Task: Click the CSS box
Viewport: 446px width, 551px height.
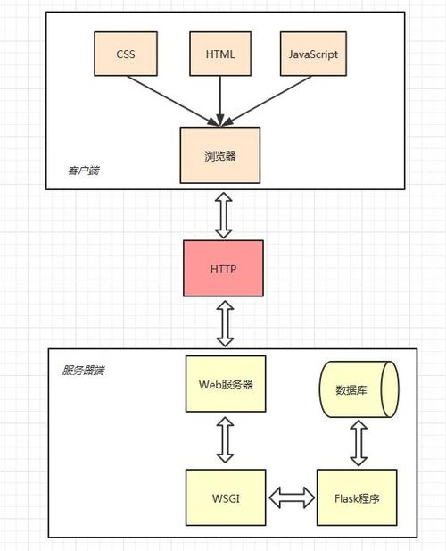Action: [126, 54]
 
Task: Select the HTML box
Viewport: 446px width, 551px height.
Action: [220, 54]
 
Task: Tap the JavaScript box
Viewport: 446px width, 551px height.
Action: [313, 54]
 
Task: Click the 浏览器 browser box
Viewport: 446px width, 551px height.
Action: [220, 155]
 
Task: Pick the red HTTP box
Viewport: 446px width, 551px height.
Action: [223, 269]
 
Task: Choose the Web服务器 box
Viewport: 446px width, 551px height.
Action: [226, 384]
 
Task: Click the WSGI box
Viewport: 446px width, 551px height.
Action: [226, 497]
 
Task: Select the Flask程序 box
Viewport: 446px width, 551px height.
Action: [357, 497]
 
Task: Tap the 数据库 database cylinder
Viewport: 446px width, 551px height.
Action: [359, 389]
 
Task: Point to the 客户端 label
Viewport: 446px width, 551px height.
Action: [84, 171]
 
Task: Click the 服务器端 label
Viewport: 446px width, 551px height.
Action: [83, 371]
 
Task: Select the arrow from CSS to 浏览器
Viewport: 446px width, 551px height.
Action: [173, 101]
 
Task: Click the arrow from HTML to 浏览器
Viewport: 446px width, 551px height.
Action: [220, 101]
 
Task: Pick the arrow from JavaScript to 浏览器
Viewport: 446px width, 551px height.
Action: [267, 101]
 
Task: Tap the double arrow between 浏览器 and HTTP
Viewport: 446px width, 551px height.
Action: [224, 215]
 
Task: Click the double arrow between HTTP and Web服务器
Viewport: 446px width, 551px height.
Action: [225, 323]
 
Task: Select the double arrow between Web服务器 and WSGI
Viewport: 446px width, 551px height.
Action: [225, 440]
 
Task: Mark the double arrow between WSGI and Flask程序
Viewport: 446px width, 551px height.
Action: [292, 497]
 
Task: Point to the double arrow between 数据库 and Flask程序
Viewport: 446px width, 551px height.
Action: [359, 443]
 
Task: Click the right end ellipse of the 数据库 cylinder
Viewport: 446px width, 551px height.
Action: [390, 389]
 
